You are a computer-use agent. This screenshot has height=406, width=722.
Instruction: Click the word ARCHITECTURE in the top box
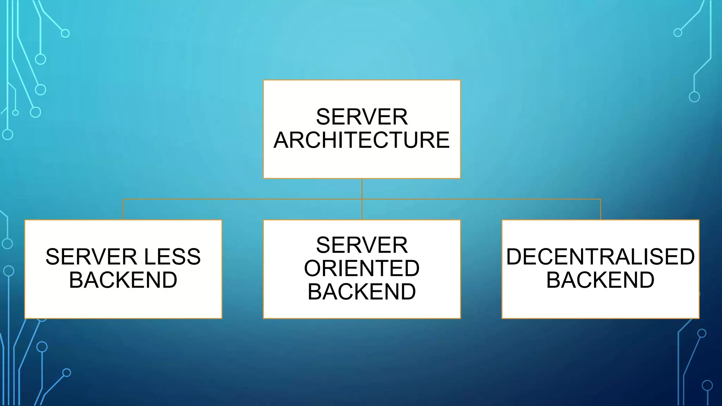(362, 140)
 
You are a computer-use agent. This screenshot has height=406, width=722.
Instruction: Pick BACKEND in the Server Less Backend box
(123, 280)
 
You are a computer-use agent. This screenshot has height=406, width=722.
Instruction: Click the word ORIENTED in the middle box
(362, 268)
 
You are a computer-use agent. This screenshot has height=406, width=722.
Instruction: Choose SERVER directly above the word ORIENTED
(362, 245)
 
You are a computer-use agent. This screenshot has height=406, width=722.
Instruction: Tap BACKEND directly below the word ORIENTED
(362, 291)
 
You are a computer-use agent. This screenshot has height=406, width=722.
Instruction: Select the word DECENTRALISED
(600, 257)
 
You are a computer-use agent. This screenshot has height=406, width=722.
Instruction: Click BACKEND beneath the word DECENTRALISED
(600, 280)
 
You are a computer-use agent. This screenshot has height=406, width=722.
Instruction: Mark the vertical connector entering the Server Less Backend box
(123, 210)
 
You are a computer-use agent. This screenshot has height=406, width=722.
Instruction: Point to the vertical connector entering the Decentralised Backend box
(600, 210)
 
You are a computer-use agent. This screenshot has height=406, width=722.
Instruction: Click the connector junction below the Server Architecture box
(362, 199)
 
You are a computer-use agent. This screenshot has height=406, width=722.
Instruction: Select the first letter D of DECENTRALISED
(514, 257)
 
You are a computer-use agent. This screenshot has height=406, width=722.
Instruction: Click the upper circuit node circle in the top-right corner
(678, 33)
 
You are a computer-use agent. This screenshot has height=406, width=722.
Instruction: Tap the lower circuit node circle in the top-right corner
(694, 97)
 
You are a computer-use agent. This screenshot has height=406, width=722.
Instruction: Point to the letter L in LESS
(149, 257)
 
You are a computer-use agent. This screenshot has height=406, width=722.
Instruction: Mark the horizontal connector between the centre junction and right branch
(481, 199)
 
